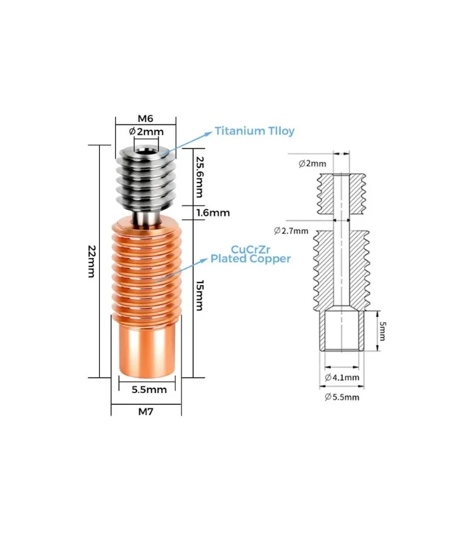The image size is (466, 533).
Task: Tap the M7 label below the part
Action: point(146,411)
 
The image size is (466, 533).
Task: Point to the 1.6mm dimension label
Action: point(213,213)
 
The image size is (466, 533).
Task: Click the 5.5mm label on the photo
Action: point(148,389)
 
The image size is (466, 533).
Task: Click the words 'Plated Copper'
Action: point(250,258)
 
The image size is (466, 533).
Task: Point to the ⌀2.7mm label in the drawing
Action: point(291,231)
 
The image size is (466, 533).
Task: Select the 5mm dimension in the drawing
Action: point(381,331)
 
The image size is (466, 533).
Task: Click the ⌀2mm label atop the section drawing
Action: point(313,163)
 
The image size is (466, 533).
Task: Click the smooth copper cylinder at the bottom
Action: point(147,350)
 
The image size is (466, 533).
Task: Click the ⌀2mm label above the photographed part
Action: point(146,132)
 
